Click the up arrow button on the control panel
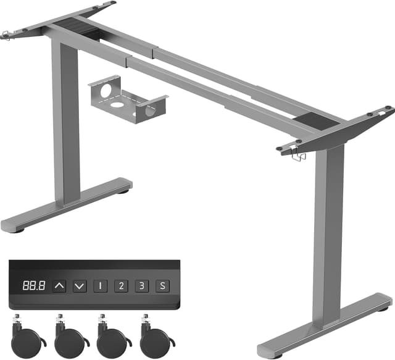click(59, 286)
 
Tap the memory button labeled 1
click(100, 286)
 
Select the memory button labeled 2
click(121, 286)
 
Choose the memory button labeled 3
click(142, 286)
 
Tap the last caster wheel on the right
click(154, 338)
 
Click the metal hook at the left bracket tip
click(7, 34)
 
